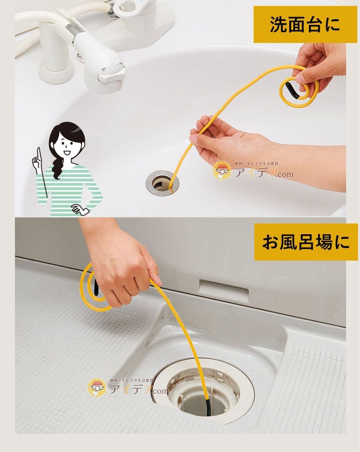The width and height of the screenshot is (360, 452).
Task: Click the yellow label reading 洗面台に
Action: pyautogui.click(x=305, y=24)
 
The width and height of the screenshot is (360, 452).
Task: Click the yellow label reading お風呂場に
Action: pyautogui.click(x=306, y=242)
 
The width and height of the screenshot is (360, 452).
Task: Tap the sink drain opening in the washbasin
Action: pyautogui.click(x=162, y=183)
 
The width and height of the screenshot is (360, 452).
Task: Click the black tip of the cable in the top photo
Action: pyautogui.click(x=292, y=90)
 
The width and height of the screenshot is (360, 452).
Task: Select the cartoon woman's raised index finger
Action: pyautogui.click(x=39, y=153)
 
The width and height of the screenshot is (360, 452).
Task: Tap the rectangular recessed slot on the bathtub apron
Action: pyautogui.click(x=224, y=290)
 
